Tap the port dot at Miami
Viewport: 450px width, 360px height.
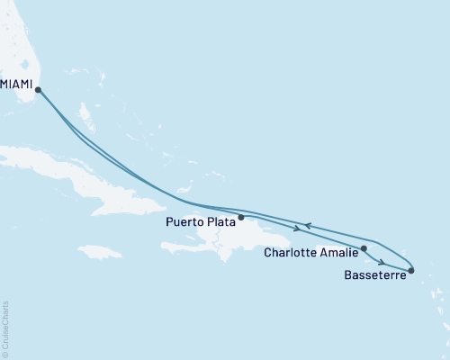38,89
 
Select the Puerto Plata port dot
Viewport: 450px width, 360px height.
240,217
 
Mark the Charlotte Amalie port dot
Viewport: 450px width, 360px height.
364,248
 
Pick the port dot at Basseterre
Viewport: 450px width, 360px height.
411,270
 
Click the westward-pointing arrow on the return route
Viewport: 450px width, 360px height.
307,225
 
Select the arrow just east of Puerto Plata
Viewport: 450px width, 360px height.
297,228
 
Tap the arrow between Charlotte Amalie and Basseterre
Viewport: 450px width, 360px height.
383,262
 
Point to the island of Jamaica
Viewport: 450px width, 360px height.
99,251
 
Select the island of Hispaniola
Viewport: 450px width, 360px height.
234,238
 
